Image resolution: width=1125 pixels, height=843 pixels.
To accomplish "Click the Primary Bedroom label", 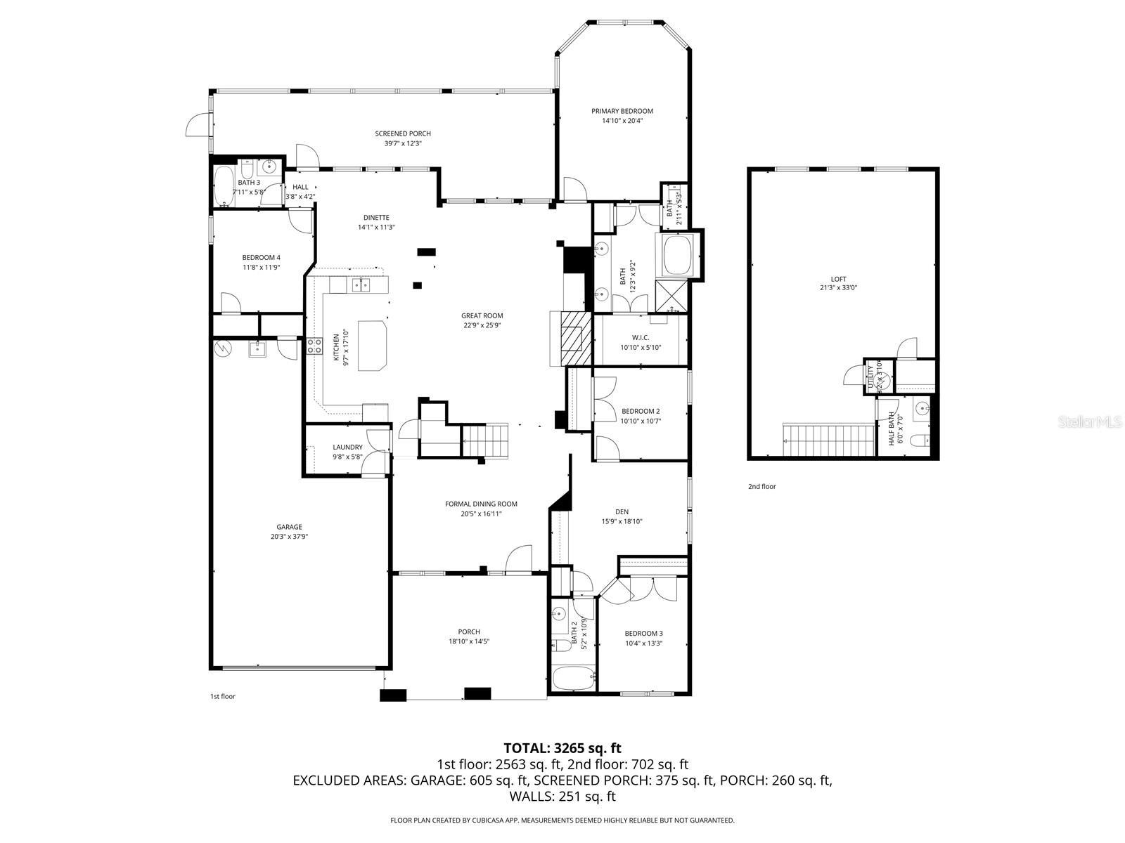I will [x=622, y=111].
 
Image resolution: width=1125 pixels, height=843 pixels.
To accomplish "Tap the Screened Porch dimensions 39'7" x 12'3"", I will [x=402, y=143].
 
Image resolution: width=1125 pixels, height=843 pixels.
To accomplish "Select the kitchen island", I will [x=373, y=345].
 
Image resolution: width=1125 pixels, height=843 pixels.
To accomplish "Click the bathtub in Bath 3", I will [x=225, y=186].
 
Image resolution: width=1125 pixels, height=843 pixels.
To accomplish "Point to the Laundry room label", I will [x=347, y=447].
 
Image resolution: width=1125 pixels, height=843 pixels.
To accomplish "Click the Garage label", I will [x=289, y=527].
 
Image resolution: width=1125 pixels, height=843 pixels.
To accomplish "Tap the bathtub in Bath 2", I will [x=573, y=679].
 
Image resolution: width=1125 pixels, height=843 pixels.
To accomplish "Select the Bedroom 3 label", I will [x=643, y=633].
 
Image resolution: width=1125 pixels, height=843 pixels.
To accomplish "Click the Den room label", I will [x=622, y=511].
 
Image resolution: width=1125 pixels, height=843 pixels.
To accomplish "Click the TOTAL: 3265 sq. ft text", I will [x=562, y=748].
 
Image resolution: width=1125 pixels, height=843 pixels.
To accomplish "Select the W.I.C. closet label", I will [x=640, y=337].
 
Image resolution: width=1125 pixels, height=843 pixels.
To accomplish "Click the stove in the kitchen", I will [x=314, y=346].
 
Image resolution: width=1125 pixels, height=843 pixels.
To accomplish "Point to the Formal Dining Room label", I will [x=481, y=504].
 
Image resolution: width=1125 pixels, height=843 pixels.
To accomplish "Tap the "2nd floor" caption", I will [x=761, y=486].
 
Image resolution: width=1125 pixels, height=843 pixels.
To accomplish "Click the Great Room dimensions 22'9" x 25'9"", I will [x=482, y=325].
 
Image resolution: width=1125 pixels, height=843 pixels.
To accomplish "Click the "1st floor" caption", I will [x=222, y=696].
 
